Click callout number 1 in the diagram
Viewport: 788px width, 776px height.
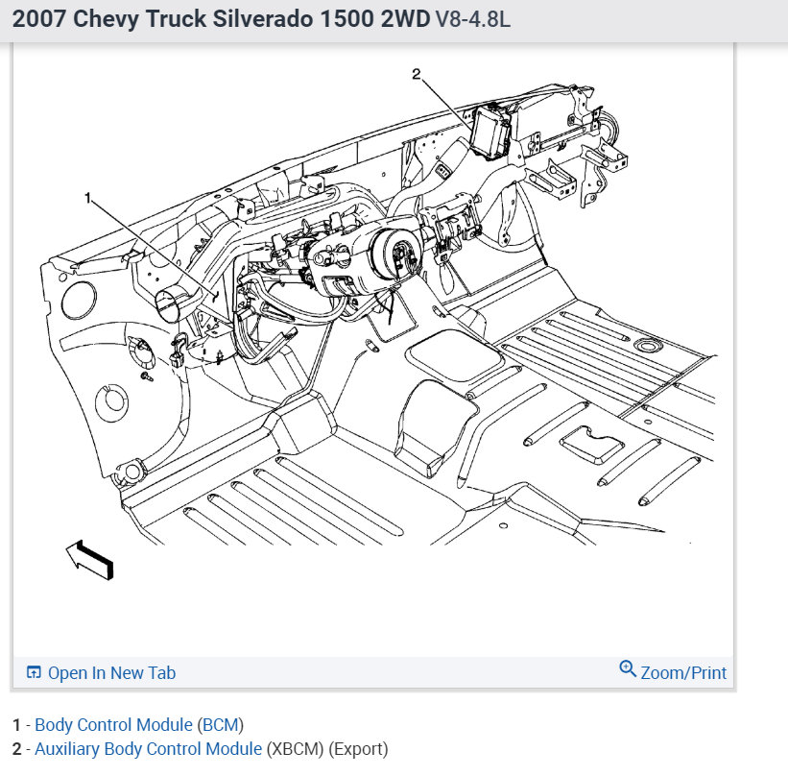pos(88,199)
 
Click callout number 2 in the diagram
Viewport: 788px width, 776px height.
pos(417,74)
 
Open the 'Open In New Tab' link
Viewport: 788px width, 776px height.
pos(111,673)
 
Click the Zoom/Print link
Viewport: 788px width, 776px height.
pos(683,673)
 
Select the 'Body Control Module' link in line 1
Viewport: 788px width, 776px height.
pos(114,724)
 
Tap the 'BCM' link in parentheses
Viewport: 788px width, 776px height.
pos(221,724)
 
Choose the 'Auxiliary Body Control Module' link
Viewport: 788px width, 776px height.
pos(148,748)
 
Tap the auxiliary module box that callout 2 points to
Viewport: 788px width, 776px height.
pos(490,132)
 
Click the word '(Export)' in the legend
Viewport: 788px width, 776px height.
pos(358,748)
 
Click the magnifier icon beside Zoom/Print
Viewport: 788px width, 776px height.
pos(628,669)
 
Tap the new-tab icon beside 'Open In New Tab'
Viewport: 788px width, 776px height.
pos(34,673)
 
